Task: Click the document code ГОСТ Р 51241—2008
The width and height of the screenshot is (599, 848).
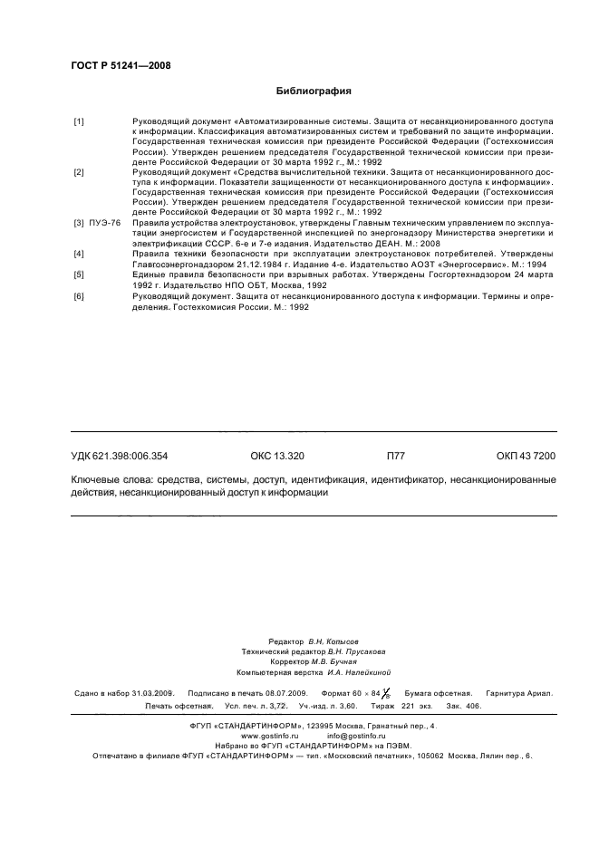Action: tap(120, 65)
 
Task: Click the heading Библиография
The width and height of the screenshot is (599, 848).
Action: tap(314, 91)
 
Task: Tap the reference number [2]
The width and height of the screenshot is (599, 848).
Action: tap(79, 171)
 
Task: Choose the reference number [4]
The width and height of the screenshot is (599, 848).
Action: tap(79, 255)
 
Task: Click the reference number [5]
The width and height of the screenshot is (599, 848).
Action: tap(79, 273)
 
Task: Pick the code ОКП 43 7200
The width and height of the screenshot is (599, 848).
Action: tap(526, 457)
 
